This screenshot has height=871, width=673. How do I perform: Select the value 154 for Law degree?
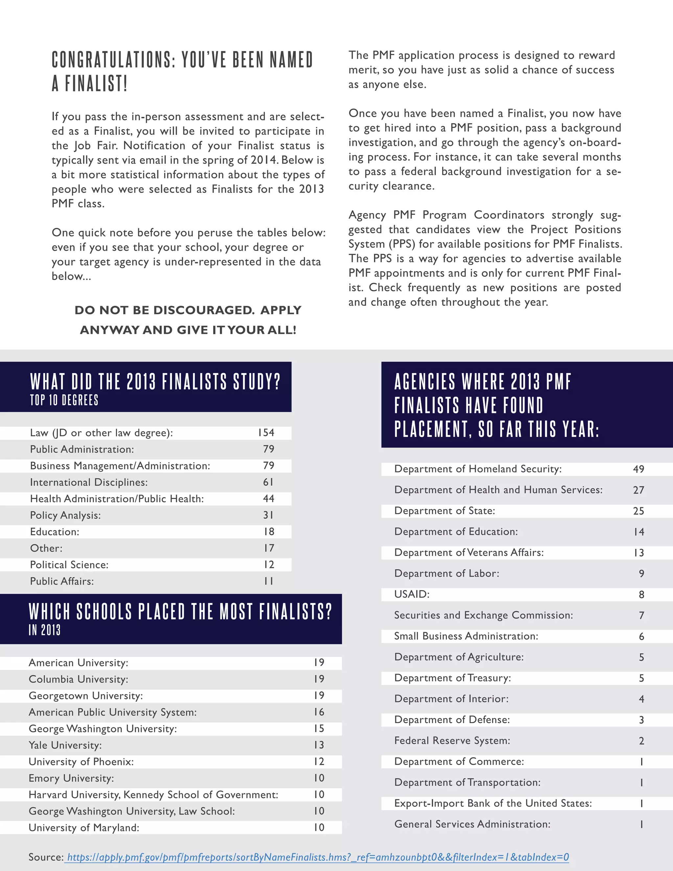266,433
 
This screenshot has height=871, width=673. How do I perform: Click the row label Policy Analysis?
65,515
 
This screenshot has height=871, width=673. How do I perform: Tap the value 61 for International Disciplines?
268,482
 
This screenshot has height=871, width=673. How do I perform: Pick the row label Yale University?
65,745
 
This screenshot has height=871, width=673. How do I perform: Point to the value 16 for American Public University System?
319,712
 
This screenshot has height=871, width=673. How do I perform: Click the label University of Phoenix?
81,762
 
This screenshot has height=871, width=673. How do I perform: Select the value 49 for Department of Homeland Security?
638,469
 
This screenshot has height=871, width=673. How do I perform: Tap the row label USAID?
412,594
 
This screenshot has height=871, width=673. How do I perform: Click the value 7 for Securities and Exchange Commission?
641,615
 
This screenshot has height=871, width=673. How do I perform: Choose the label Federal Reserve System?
452,741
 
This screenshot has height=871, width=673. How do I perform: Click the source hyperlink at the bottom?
317,857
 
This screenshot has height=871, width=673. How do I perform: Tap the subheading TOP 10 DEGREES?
64,400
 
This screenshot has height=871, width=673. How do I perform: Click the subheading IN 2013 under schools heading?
45,630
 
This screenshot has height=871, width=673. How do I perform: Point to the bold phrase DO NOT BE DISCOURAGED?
164,310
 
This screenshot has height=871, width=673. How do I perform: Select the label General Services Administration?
472,824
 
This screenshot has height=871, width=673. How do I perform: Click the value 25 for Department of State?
638,511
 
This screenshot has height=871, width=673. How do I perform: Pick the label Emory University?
71,778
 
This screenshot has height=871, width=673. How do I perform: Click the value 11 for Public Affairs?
269,581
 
